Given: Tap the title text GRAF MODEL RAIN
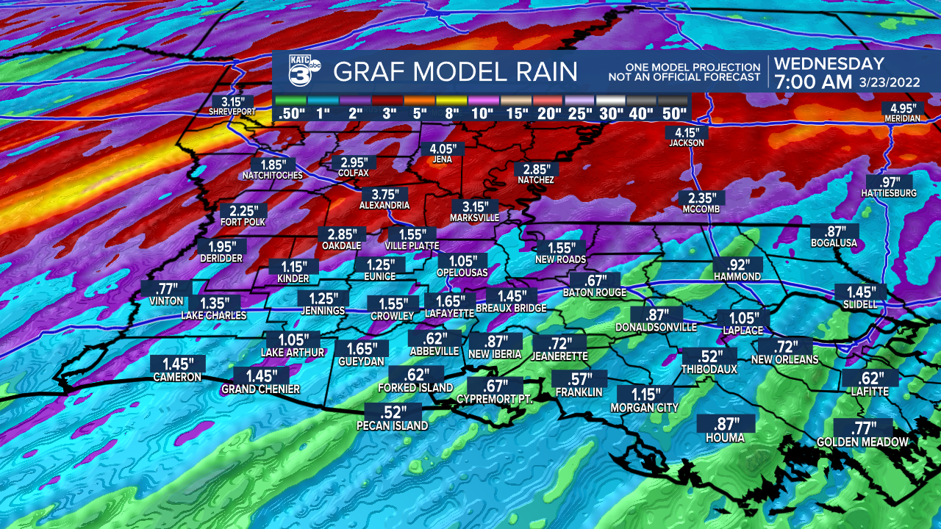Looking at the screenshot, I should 455,72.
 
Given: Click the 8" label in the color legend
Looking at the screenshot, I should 451,113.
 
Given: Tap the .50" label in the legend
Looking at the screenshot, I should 290,113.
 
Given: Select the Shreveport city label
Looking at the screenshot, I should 232,112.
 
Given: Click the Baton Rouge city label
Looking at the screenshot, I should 595,292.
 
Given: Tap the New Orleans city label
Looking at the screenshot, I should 784,359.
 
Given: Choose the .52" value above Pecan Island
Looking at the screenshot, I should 392,412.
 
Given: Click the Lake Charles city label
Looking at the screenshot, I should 214,315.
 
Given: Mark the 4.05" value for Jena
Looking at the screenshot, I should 443,148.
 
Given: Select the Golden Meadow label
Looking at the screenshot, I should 863,442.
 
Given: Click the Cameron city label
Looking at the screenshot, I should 176,377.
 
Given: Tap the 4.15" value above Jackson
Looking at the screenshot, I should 687,132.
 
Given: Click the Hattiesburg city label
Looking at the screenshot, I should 889,193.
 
